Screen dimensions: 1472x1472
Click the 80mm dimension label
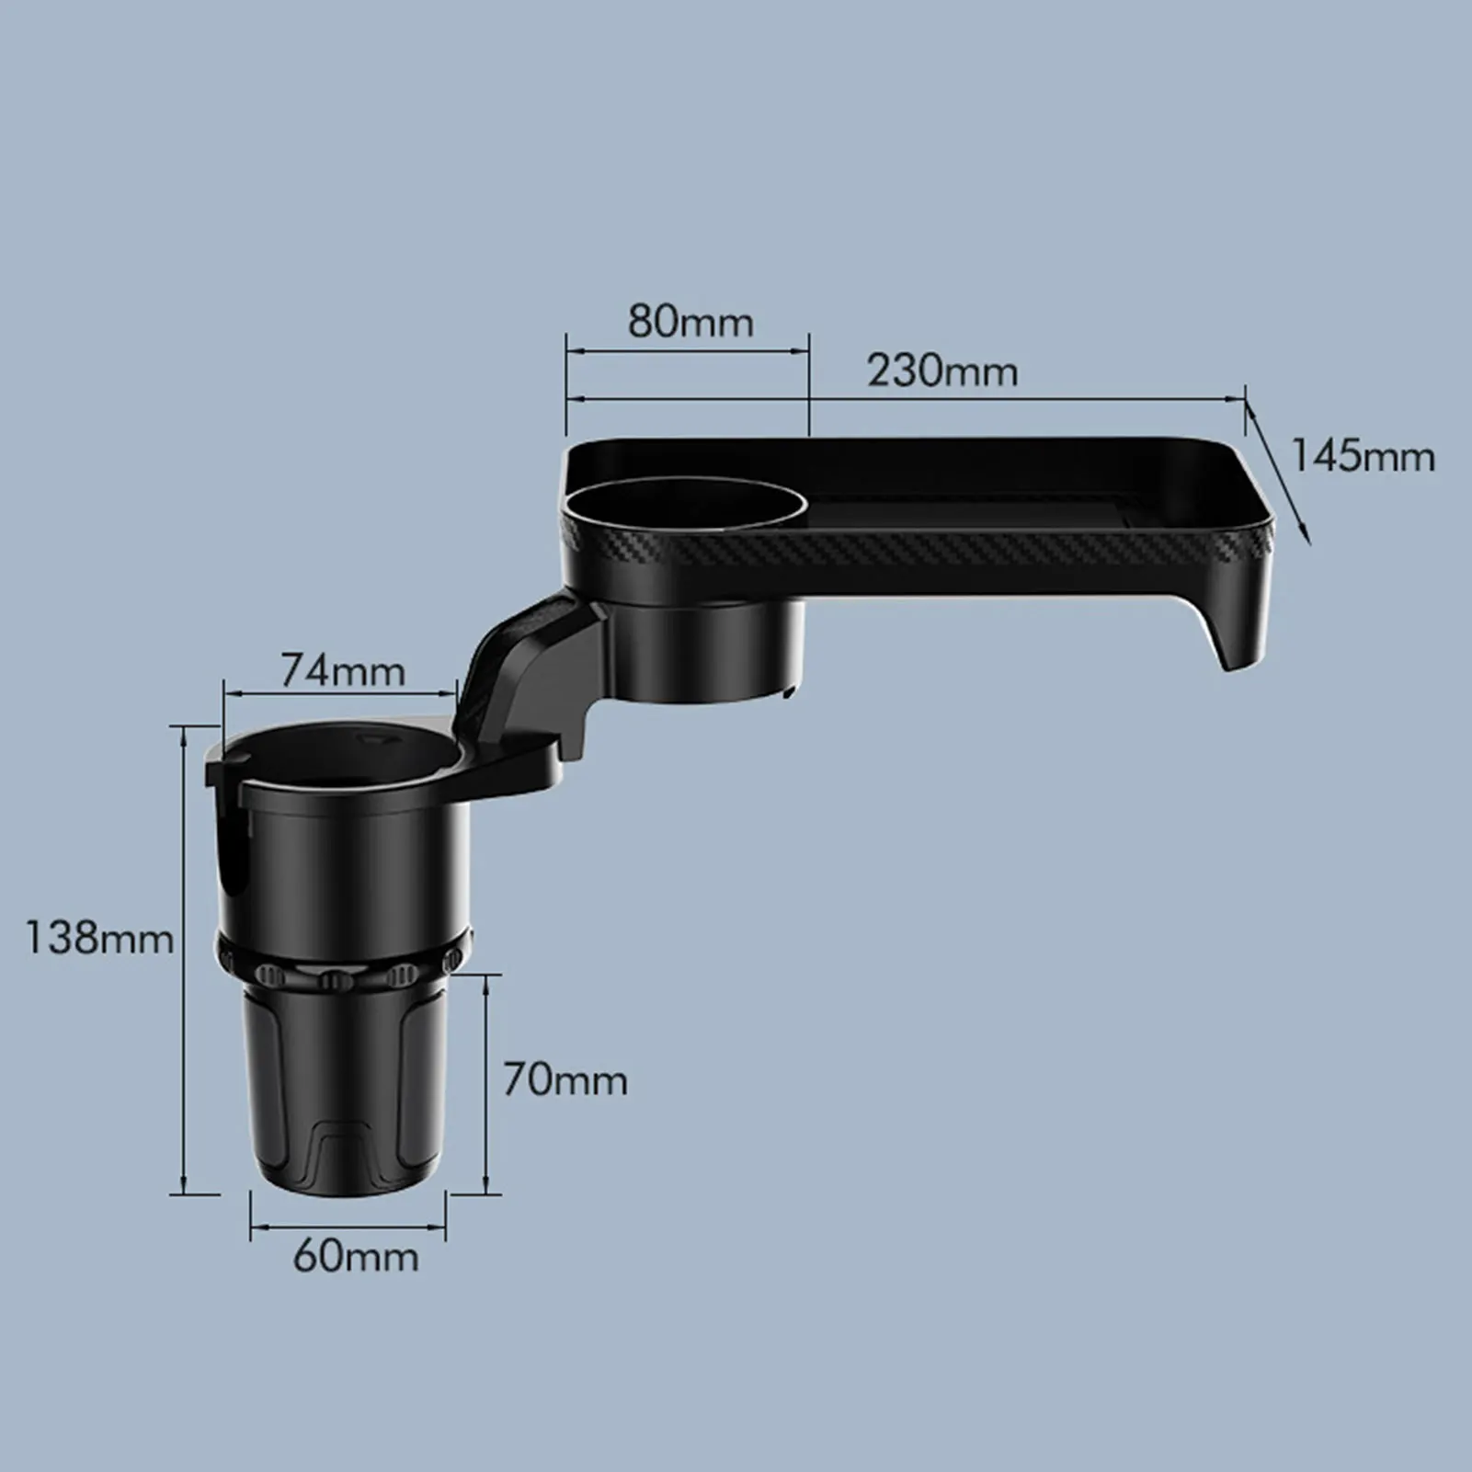(x=690, y=322)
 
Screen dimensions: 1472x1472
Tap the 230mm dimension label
(x=942, y=371)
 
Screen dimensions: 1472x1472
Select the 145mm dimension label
(x=1363, y=456)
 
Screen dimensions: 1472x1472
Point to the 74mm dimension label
(x=342, y=670)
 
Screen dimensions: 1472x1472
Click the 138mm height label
(x=98, y=938)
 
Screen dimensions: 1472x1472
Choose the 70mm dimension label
(x=565, y=1079)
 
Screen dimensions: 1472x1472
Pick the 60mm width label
(x=356, y=1256)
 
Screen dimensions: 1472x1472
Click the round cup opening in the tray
(x=686, y=508)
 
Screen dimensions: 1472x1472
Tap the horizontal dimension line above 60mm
(x=348, y=1226)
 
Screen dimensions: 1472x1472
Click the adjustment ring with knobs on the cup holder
(x=345, y=965)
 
